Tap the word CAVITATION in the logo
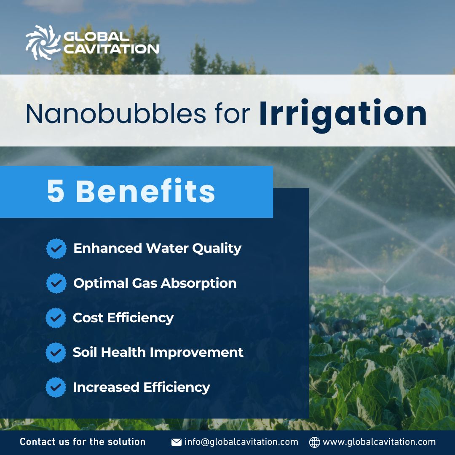point(111,48)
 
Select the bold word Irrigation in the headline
point(343,114)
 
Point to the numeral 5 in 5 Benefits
point(56,192)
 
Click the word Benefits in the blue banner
point(145,192)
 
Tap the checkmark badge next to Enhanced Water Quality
point(56,249)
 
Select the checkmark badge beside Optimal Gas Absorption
point(56,283)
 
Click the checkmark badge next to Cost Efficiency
point(56,318)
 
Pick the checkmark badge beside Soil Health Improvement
point(56,352)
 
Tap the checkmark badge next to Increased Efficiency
point(56,387)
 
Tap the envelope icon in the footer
point(176,442)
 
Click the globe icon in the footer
point(314,442)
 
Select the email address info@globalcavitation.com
point(241,442)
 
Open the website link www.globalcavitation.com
point(379,442)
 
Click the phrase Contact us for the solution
point(83,442)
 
